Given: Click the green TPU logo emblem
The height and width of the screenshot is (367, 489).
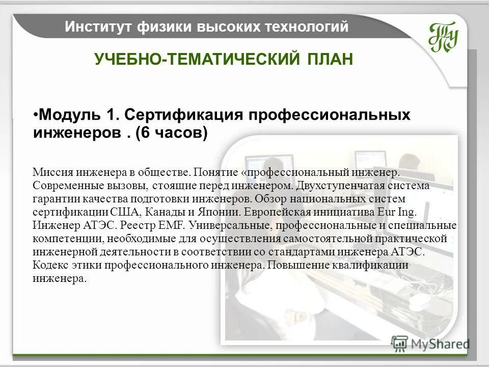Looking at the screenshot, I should [443, 37].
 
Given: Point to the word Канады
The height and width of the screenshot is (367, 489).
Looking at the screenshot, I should [162, 212].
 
